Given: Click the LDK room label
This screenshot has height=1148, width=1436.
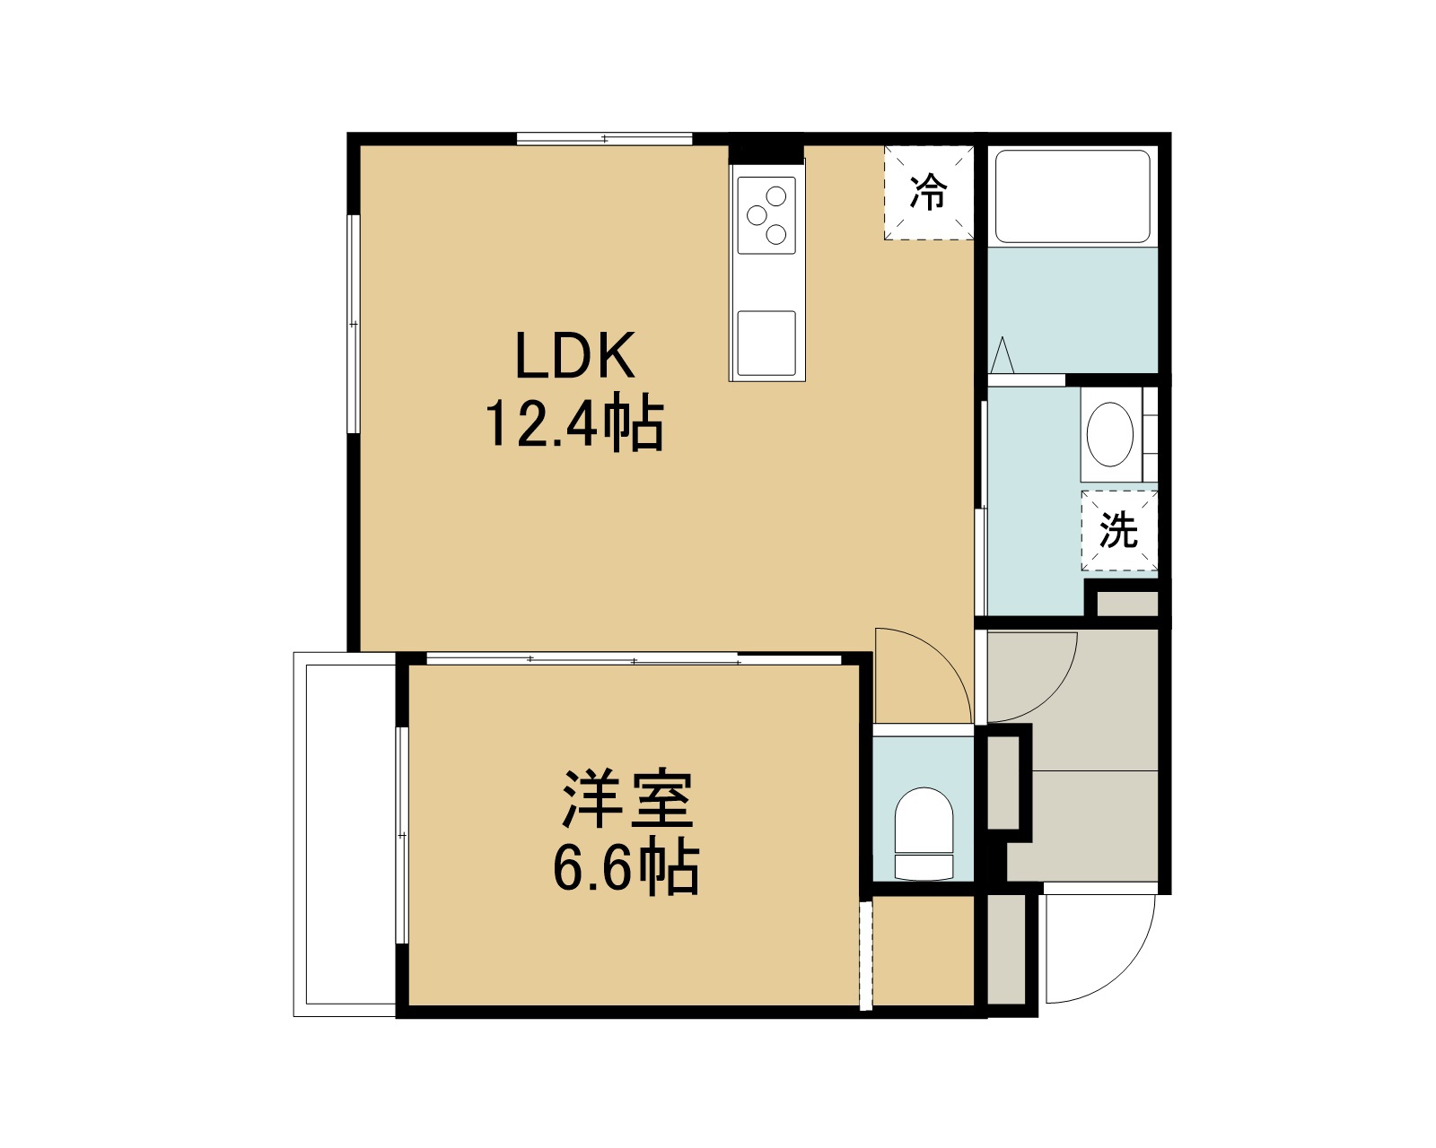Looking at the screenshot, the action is [x=574, y=355].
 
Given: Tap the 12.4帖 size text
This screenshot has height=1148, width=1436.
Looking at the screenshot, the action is [x=574, y=424].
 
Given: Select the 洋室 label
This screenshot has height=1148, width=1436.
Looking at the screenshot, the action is [x=628, y=799].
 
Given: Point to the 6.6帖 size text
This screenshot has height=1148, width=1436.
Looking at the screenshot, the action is [x=626, y=868].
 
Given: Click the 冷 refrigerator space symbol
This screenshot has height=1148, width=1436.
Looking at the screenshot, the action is [x=929, y=192].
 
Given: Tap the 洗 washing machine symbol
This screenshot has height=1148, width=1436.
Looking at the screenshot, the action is [x=1119, y=530].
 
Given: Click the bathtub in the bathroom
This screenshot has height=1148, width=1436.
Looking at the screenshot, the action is [x=1073, y=196].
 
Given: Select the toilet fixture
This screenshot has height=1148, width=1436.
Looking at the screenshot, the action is [x=924, y=834].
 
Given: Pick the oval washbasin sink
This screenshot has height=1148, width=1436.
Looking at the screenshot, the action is [x=1109, y=434].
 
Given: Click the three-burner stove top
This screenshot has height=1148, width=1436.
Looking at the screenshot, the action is [x=766, y=215].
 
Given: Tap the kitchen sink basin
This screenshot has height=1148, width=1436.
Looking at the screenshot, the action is [x=766, y=344].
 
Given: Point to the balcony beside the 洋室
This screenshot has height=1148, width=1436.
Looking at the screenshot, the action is [x=345, y=834].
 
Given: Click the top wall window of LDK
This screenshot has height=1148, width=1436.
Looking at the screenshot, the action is [x=605, y=139].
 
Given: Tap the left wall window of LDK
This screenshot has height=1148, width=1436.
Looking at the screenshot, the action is [x=354, y=324].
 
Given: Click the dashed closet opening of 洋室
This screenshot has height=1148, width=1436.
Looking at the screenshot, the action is [x=865, y=954].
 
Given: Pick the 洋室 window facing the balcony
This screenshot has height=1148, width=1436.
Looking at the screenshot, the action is [x=402, y=835].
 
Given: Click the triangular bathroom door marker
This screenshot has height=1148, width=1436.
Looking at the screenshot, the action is [x=1002, y=355].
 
